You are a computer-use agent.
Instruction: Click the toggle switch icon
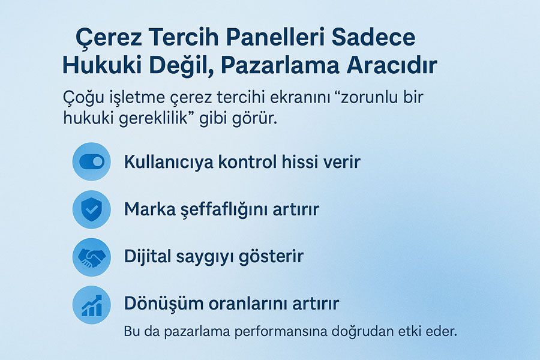92,161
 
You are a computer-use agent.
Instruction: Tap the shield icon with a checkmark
92,209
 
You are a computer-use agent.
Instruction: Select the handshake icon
92,257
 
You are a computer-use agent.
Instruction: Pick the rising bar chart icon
92,305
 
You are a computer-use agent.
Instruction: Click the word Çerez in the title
109,38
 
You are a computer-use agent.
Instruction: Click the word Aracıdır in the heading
392,65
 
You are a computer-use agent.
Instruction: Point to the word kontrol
248,161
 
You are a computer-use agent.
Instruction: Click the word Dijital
148,257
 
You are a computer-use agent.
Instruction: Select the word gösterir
271,257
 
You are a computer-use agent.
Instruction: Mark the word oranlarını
248,304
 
